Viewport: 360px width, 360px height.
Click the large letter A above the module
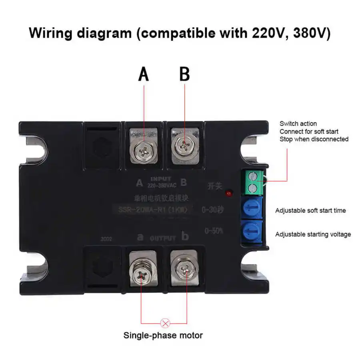coord(143,74)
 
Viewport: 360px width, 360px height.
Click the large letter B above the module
coord(184,74)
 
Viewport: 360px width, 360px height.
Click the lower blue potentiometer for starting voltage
coord(251,232)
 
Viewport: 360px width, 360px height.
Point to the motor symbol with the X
coord(163,323)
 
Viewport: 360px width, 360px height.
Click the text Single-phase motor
coord(163,335)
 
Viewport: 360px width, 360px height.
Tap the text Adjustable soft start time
coord(310,210)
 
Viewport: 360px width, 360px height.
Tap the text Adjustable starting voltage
coord(313,234)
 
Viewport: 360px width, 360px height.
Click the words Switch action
coord(298,124)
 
